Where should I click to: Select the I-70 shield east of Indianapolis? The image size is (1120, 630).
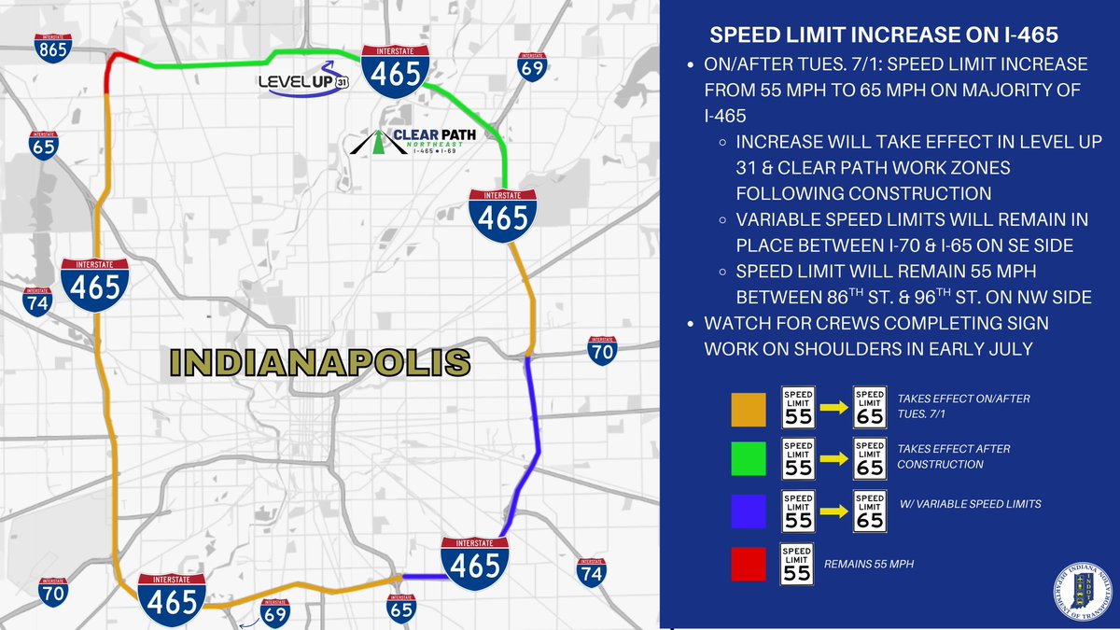click(601, 351)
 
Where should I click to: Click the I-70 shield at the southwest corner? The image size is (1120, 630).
click(53, 592)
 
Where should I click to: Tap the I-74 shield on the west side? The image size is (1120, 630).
click(37, 301)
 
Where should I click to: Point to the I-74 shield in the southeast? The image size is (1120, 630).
click(590, 571)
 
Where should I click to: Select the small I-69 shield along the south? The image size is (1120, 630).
click(274, 612)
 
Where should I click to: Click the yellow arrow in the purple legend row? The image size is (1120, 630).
click(834, 511)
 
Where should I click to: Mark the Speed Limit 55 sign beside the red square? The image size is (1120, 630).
click(797, 564)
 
